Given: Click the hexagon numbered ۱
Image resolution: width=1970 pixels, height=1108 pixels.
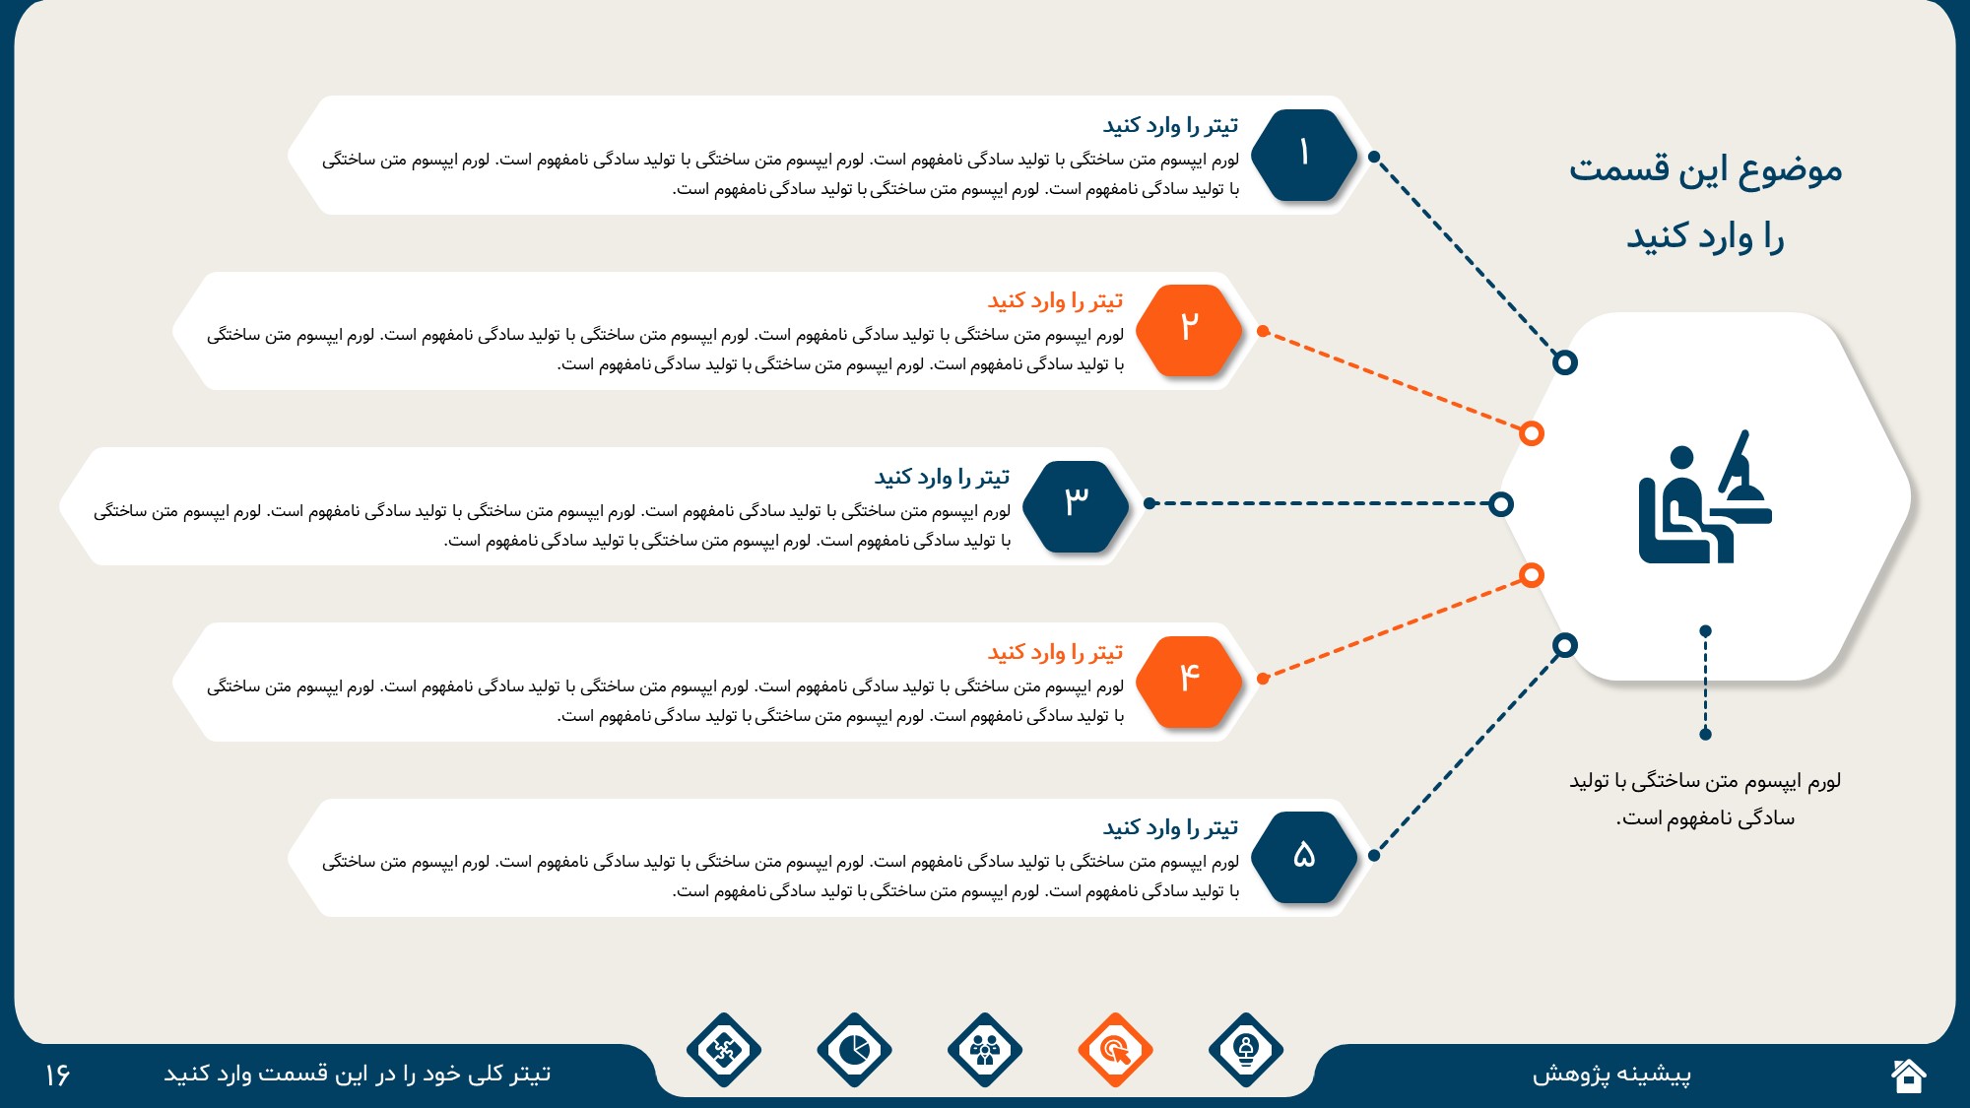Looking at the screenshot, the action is tap(1304, 155).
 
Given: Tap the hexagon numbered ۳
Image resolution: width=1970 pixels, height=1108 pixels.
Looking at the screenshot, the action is tap(1076, 505).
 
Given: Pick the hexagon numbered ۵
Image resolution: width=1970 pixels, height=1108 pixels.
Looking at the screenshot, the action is tap(1304, 857).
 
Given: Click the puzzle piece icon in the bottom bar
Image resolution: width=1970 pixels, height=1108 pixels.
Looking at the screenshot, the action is tap(724, 1050).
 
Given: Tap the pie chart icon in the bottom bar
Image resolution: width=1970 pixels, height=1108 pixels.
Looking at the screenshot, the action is tap(854, 1050).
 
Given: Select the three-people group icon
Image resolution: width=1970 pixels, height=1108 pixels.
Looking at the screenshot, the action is tap(985, 1050).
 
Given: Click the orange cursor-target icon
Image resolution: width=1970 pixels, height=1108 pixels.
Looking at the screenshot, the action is tap(1115, 1050).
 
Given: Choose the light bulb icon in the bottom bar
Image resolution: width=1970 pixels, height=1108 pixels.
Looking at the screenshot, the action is tap(1246, 1050).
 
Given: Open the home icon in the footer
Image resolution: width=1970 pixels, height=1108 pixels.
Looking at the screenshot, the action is tap(1908, 1075).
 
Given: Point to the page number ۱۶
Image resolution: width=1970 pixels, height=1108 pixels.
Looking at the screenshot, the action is tap(57, 1075).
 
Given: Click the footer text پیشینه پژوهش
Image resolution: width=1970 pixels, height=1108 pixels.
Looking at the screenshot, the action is tap(1611, 1075).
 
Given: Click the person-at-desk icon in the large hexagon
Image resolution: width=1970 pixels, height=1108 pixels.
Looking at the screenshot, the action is tap(1705, 497).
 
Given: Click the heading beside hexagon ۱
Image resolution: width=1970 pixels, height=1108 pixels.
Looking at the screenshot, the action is tap(1170, 126).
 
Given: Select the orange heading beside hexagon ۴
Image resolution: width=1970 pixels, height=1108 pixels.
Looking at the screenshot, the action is tap(1055, 653).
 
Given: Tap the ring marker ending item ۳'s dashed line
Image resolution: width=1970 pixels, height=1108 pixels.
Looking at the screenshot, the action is tap(1500, 504).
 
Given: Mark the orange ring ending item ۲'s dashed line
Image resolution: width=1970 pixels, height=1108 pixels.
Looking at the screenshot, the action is tap(1531, 433).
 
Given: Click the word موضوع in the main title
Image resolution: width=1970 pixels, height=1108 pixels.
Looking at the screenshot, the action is tap(1790, 170).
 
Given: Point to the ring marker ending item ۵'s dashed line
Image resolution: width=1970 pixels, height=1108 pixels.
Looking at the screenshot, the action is tap(1564, 645).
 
